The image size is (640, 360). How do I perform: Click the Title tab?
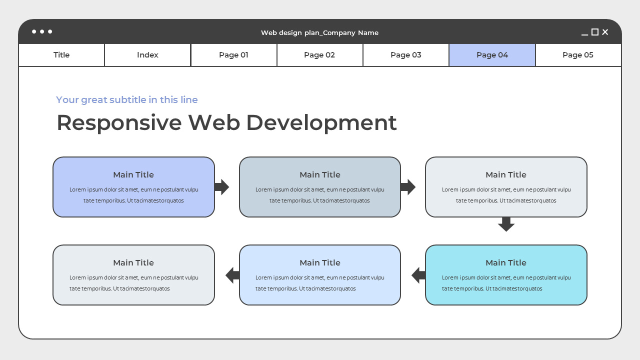click(x=61, y=55)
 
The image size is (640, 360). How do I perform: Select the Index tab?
click(x=147, y=55)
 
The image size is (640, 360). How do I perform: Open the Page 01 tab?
click(x=233, y=55)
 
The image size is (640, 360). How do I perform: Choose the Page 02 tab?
click(x=319, y=55)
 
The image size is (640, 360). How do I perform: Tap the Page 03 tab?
click(x=405, y=55)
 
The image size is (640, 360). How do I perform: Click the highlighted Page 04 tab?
click(x=492, y=55)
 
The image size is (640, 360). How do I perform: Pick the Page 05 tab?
click(x=578, y=55)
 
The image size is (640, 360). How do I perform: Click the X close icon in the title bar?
click(x=605, y=32)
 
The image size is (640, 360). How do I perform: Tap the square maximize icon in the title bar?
click(x=595, y=32)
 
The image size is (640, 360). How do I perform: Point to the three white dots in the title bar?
click(x=42, y=31)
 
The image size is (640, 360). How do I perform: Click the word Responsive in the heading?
click(x=118, y=122)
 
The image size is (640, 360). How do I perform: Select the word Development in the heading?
click(x=321, y=122)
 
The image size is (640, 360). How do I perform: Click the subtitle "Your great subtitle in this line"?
click(x=127, y=99)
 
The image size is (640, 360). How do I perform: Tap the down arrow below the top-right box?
click(x=506, y=224)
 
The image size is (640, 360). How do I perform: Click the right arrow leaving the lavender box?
click(x=221, y=187)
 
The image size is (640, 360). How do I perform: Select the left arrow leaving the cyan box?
click(x=418, y=275)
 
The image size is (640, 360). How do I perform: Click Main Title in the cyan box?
click(x=506, y=262)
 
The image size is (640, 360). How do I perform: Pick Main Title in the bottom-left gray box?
click(x=133, y=262)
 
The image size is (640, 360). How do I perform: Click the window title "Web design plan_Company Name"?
click(x=319, y=32)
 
